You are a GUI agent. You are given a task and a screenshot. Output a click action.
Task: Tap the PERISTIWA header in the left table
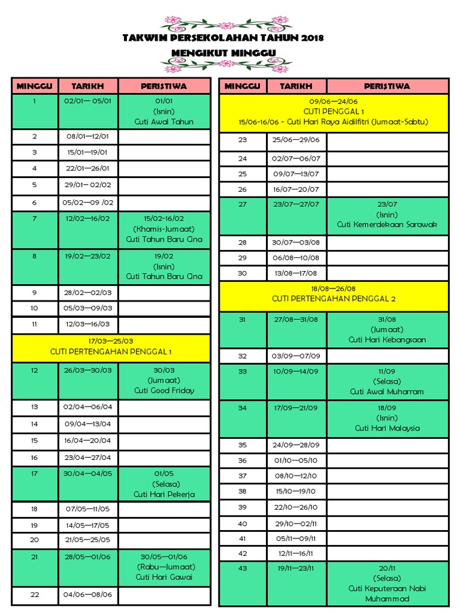pyautogui.click(x=164, y=86)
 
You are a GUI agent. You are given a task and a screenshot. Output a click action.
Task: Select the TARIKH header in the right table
pyautogui.click(x=296, y=86)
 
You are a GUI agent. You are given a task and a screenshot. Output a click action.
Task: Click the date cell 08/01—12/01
pyautogui.click(x=88, y=137)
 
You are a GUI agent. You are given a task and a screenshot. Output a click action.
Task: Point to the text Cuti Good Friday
pyautogui.click(x=164, y=390)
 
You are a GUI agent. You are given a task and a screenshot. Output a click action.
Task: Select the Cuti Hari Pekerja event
pyautogui.click(x=164, y=495)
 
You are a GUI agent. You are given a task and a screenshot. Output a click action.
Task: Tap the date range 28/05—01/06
pyautogui.click(x=88, y=556)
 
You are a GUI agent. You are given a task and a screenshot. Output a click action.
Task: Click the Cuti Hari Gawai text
pyautogui.click(x=164, y=577)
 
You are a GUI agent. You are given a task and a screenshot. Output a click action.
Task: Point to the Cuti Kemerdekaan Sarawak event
pyautogui.click(x=387, y=224)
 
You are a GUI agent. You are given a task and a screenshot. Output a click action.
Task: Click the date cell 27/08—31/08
pyautogui.click(x=296, y=319)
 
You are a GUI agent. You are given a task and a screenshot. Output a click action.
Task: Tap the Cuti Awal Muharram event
pyautogui.click(x=387, y=392)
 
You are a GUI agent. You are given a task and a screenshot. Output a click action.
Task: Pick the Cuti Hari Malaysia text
pyautogui.click(x=387, y=428)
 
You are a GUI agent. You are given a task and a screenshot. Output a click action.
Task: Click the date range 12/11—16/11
pyautogui.click(x=296, y=553)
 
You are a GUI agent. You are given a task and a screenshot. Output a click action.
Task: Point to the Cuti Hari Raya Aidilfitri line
pyautogui.click(x=334, y=122)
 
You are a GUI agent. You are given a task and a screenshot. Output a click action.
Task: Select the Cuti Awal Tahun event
pyautogui.click(x=164, y=122)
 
